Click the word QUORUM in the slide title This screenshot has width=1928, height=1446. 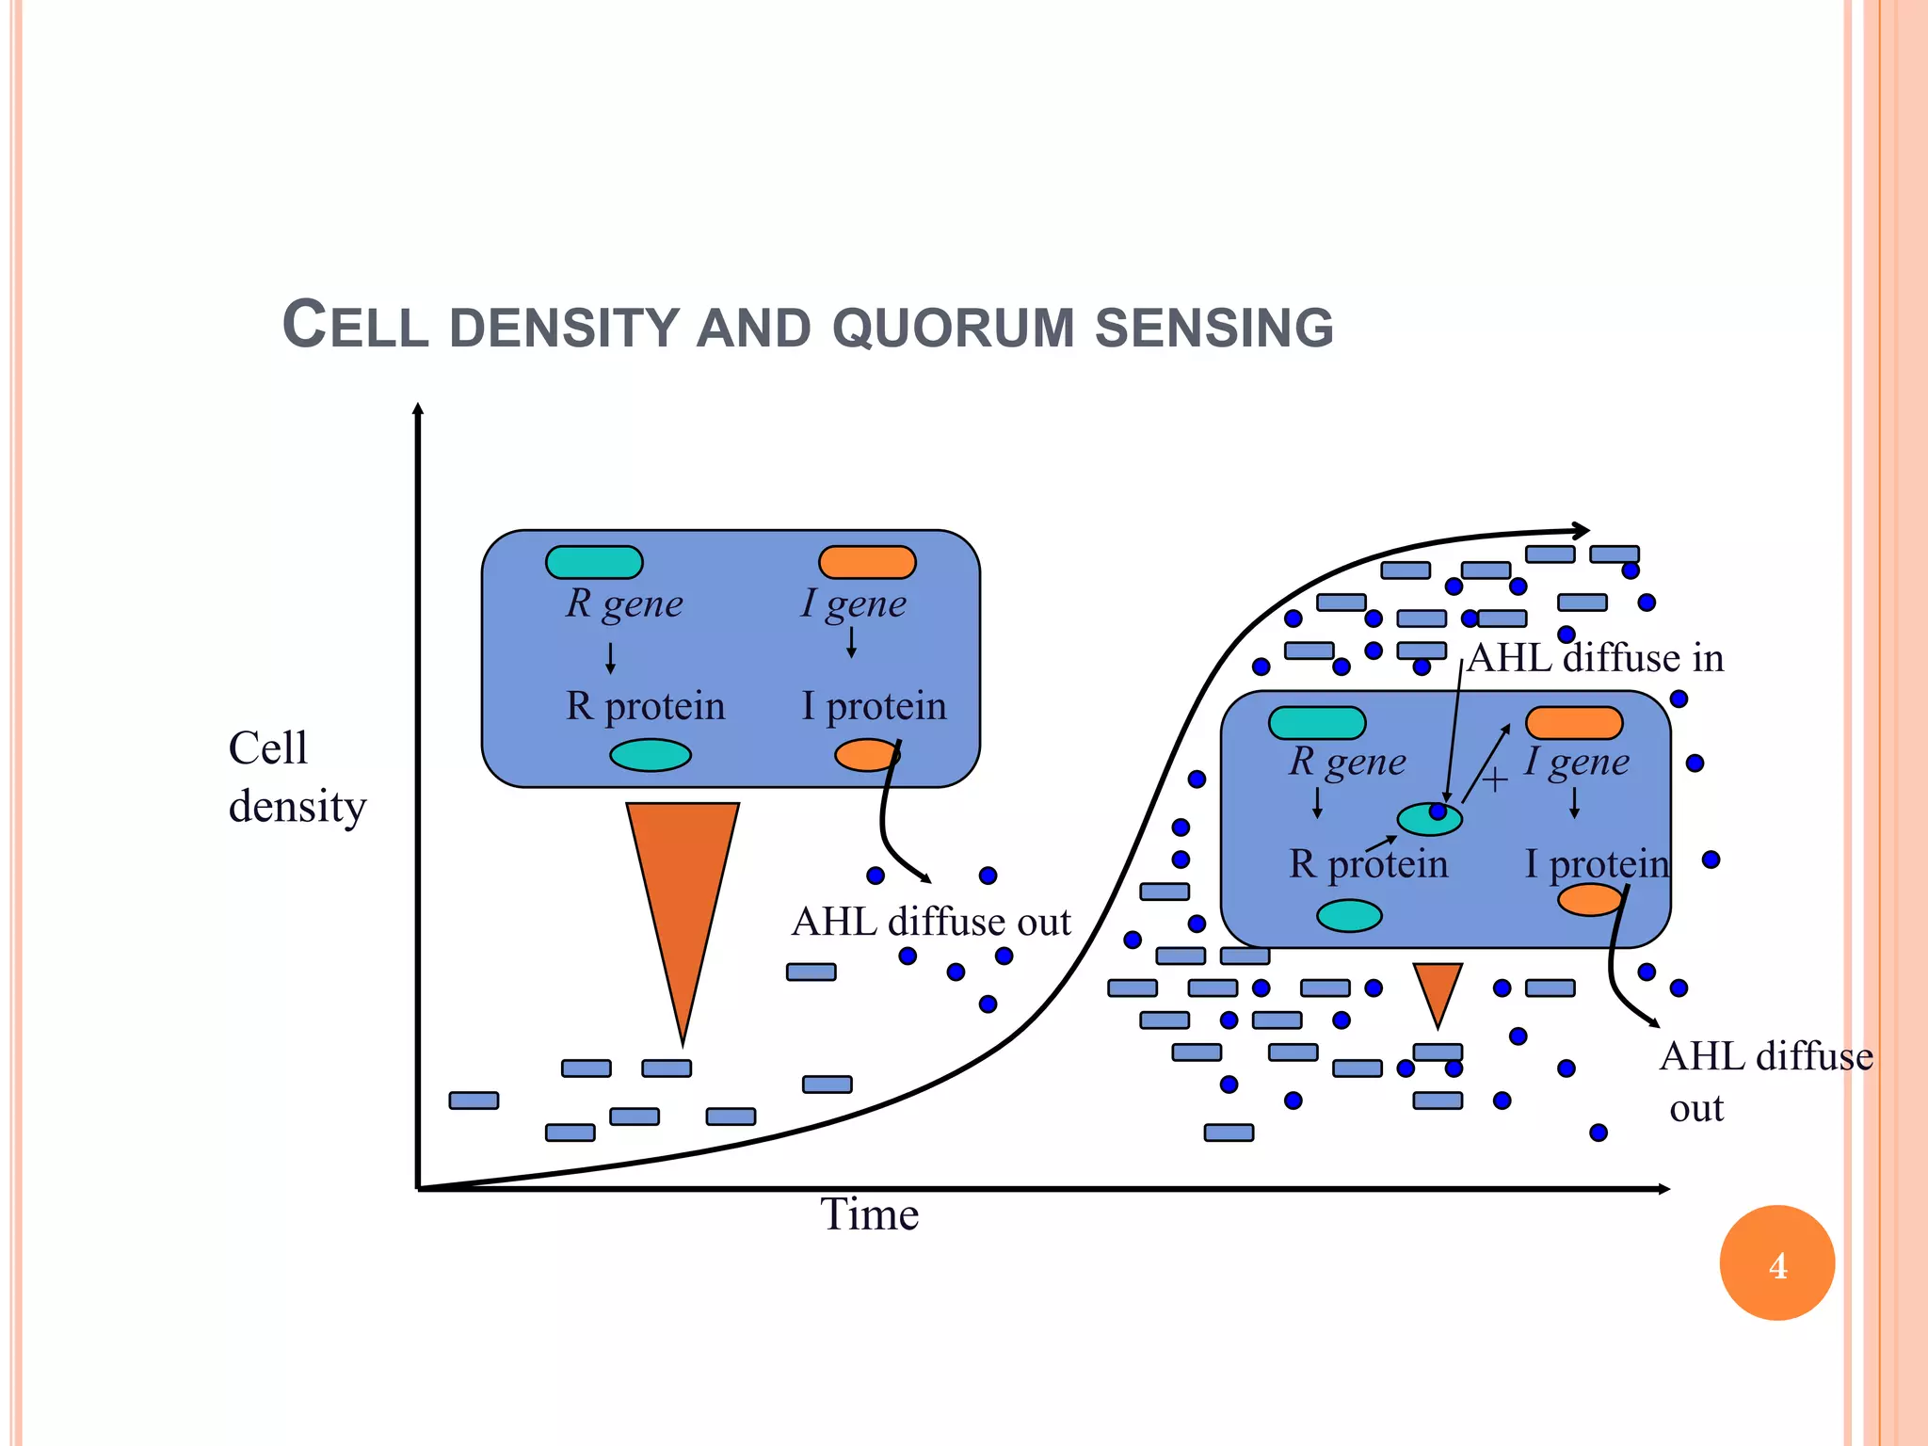coord(953,328)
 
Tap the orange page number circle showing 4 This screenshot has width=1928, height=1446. coord(1776,1263)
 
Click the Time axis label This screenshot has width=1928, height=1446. coord(868,1214)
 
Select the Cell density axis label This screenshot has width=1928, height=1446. coord(296,778)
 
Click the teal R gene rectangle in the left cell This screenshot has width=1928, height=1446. coord(594,562)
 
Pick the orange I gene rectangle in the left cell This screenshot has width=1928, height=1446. coord(867,562)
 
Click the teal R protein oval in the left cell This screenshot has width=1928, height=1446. coord(650,755)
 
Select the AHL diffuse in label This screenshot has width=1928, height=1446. coord(1596,658)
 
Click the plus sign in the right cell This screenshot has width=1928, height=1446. coord(1494,779)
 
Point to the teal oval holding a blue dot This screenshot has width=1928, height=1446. coord(1428,819)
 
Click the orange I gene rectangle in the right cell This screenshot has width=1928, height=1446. coord(1573,723)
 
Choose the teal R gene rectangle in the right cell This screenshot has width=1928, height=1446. coord(1316,723)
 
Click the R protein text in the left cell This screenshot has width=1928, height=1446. coord(646,706)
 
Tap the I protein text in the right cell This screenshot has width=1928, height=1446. coord(1597,863)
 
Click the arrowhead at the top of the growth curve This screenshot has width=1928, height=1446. coord(1582,531)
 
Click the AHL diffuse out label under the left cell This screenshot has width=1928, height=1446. coord(931,922)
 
